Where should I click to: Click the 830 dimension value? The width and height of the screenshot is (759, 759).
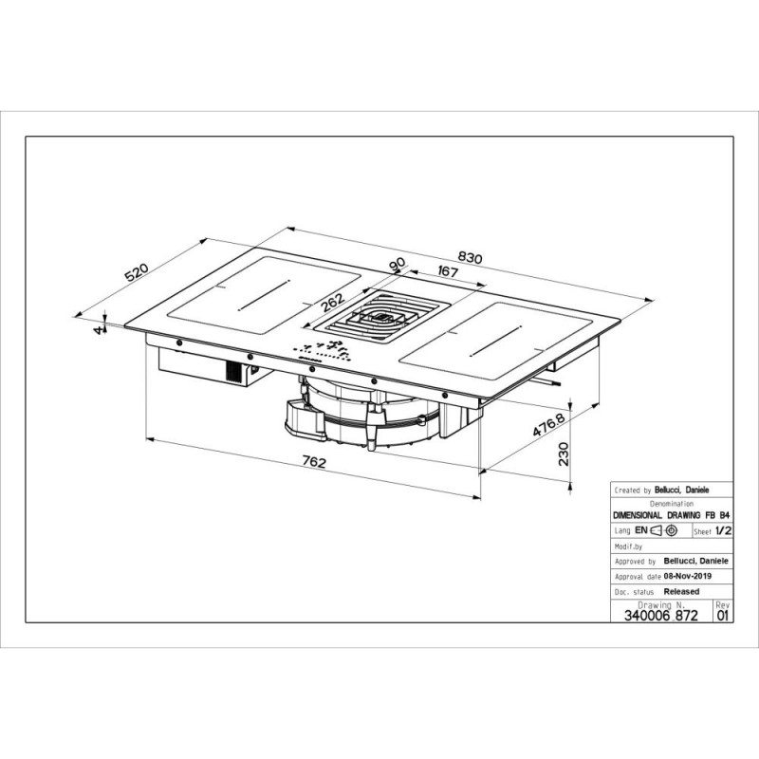tap(470, 257)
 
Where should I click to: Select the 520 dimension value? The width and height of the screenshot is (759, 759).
tap(136, 272)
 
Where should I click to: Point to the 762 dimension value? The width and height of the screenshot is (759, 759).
tap(314, 462)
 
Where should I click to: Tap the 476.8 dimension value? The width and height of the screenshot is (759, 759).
tap(548, 424)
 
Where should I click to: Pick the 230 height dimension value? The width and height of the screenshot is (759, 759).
tap(564, 454)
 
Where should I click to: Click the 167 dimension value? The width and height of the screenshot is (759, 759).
tap(447, 271)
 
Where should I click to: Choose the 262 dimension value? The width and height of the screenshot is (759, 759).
tap(333, 302)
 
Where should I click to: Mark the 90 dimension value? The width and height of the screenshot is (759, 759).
tap(397, 265)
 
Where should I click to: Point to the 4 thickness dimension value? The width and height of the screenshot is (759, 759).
tap(100, 329)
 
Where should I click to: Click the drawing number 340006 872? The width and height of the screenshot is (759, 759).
tap(660, 615)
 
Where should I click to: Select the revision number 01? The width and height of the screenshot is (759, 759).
tap(722, 616)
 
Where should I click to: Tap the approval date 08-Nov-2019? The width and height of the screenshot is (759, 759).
tap(687, 576)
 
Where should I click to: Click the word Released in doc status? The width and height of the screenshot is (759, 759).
tap(681, 591)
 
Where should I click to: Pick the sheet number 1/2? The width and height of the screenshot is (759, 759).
tap(723, 530)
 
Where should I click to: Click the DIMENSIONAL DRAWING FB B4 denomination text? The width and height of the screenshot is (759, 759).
tap(672, 515)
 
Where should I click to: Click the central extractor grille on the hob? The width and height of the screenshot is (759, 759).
tap(382, 317)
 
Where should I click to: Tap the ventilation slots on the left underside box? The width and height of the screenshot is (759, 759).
tap(233, 372)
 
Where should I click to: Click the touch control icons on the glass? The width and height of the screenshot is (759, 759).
tap(322, 352)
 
